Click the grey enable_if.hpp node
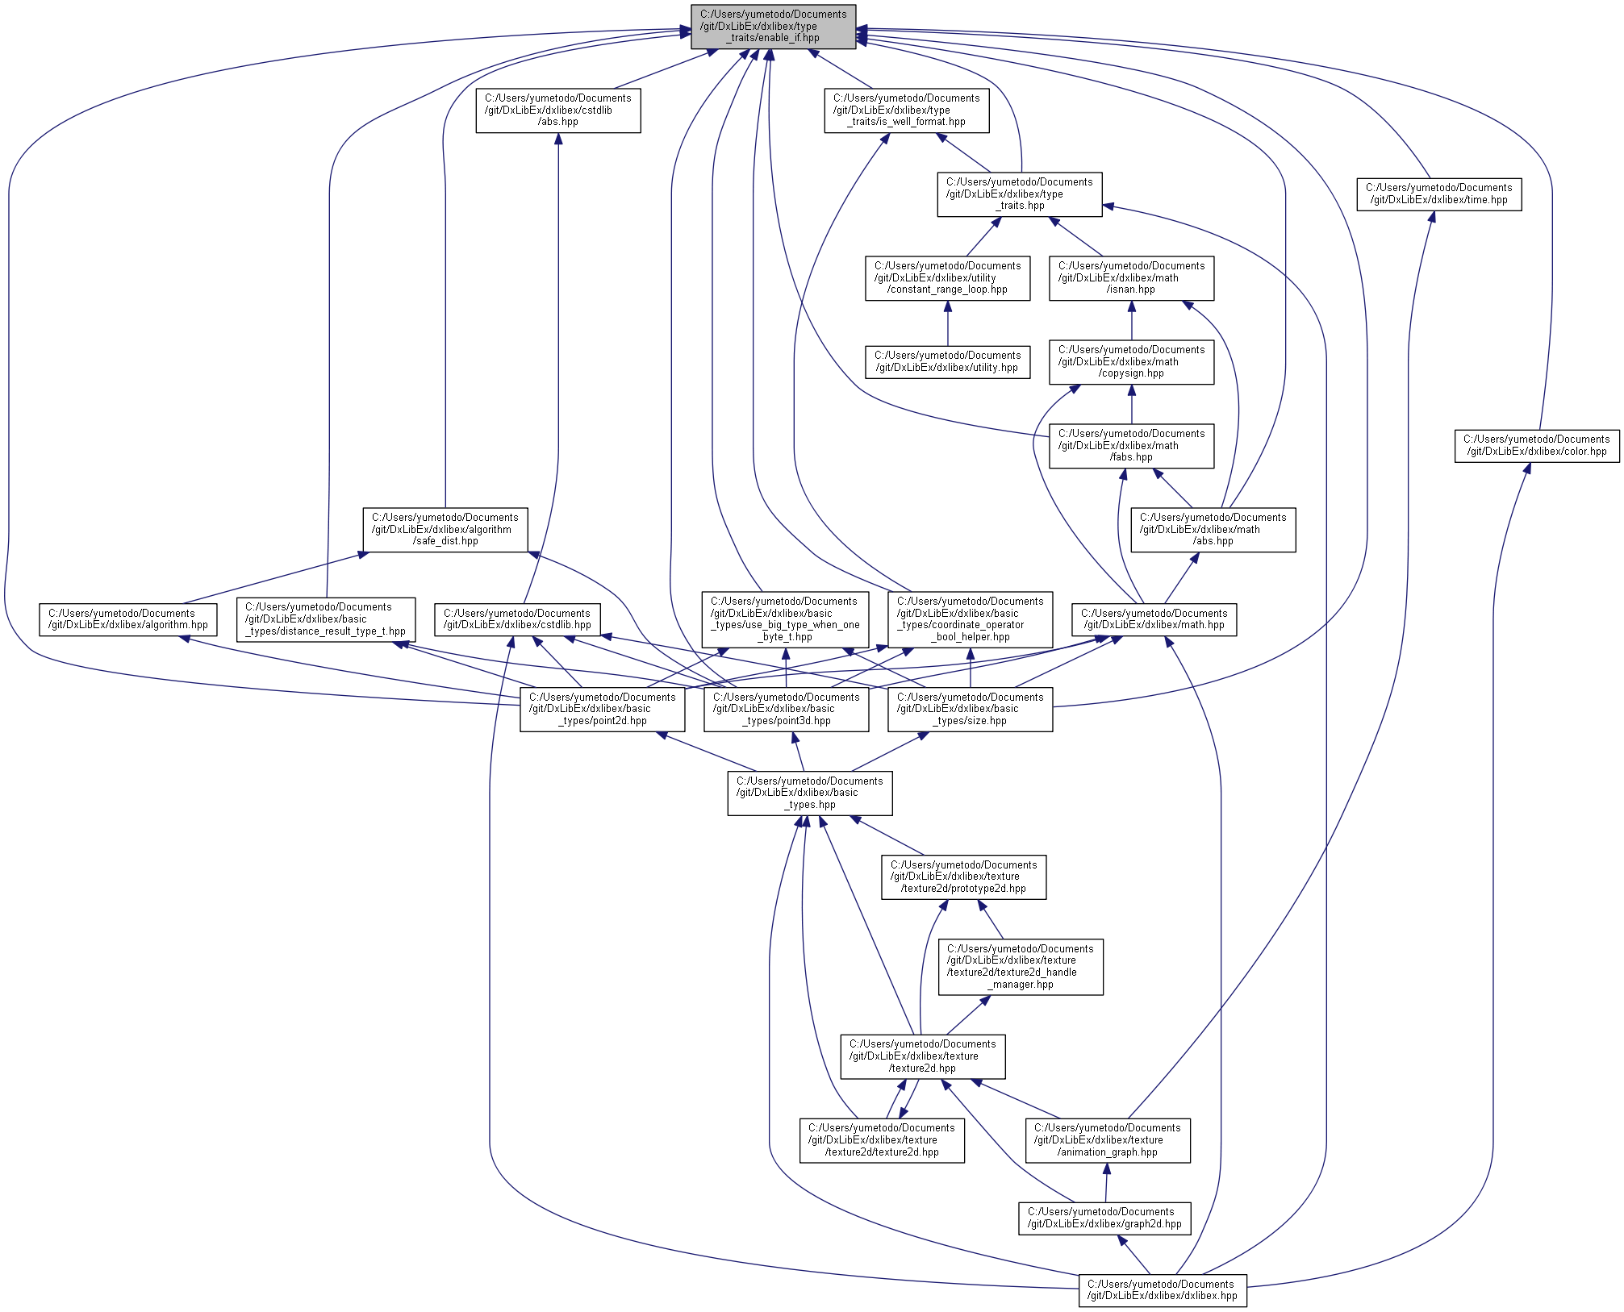773,27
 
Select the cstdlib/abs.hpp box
557,110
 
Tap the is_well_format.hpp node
906,110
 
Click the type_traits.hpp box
1019,194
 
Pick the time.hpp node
1438,194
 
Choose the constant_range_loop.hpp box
947,278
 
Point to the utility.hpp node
947,362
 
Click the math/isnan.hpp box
1131,278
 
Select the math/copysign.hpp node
1131,362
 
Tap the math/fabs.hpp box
1131,446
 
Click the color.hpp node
1536,446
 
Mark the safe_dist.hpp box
445,530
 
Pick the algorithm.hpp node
128,619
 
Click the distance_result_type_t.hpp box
326,619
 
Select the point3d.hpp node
786,710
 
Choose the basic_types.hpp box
809,793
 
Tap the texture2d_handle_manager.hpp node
1020,967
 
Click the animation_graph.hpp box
1108,1140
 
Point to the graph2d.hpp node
1104,1218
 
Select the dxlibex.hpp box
1162,1290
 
